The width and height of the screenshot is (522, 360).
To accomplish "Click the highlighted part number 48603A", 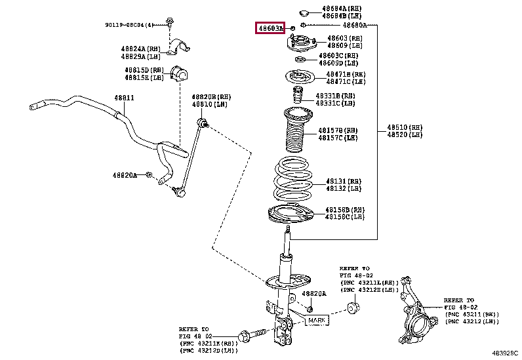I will click(x=270, y=28).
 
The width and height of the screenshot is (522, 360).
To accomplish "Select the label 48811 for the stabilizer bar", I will click(x=124, y=98).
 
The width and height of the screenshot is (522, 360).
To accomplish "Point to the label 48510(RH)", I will click(x=404, y=127).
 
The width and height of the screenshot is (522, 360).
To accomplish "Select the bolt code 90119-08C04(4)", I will click(x=129, y=25).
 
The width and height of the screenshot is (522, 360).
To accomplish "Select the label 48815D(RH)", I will click(x=144, y=70).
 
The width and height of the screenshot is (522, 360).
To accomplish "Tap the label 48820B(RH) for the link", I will click(x=211, y=96).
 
